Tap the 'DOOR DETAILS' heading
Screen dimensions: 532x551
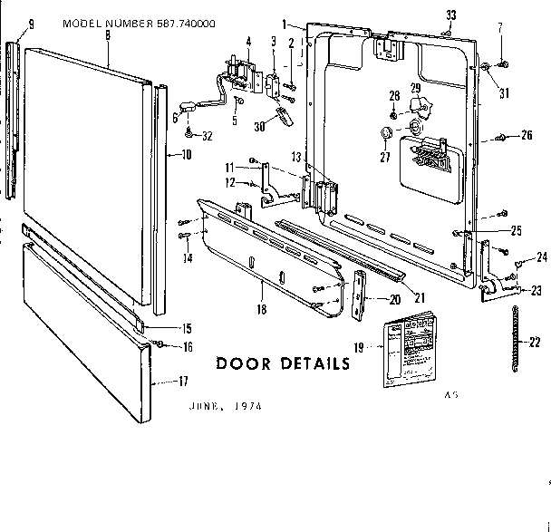(x=283, y=364)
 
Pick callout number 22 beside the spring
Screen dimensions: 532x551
(x=534, y=342)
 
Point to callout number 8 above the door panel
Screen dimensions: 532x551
(x=108, y=34)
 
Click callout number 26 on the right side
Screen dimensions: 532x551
(x=527, y=137)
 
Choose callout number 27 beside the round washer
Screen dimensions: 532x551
(x=383, y=155)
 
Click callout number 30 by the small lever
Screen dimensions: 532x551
(x=261, y=127)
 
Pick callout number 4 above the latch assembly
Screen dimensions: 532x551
(x=249, y=42)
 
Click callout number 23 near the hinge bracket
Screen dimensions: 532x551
(x=535, y=291)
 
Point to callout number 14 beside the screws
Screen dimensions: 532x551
(x=188, y=258)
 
